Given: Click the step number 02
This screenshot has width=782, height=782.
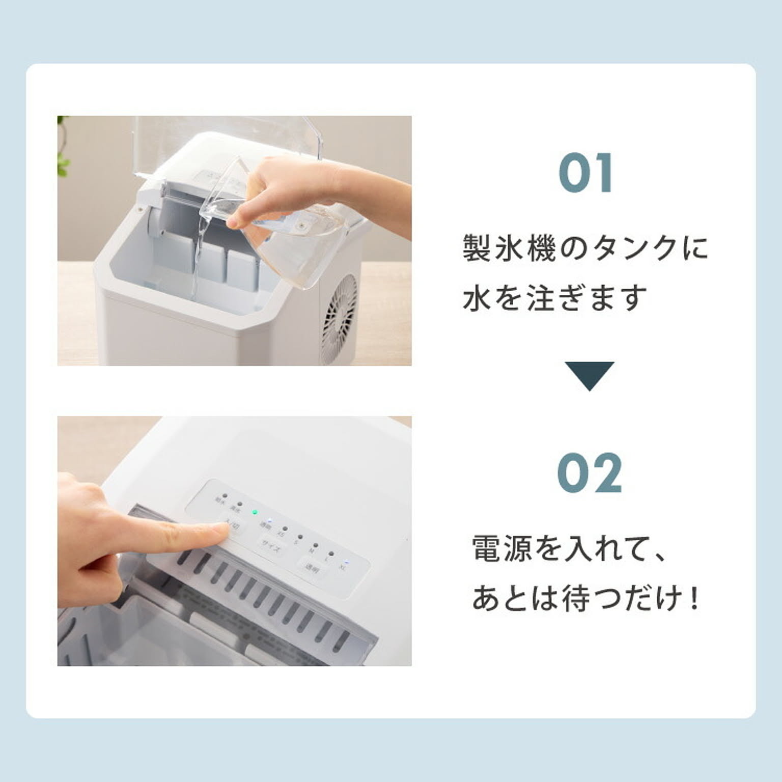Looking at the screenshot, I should (x=590, y=473).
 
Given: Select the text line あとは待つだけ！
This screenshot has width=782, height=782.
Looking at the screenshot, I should (x=585, y=599).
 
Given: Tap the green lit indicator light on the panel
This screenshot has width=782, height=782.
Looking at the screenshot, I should (x=255, y=512).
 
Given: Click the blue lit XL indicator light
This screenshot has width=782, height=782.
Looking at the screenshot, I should (x=347, y=562).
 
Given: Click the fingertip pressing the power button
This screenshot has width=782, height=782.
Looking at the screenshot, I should (x=219, y=532).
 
